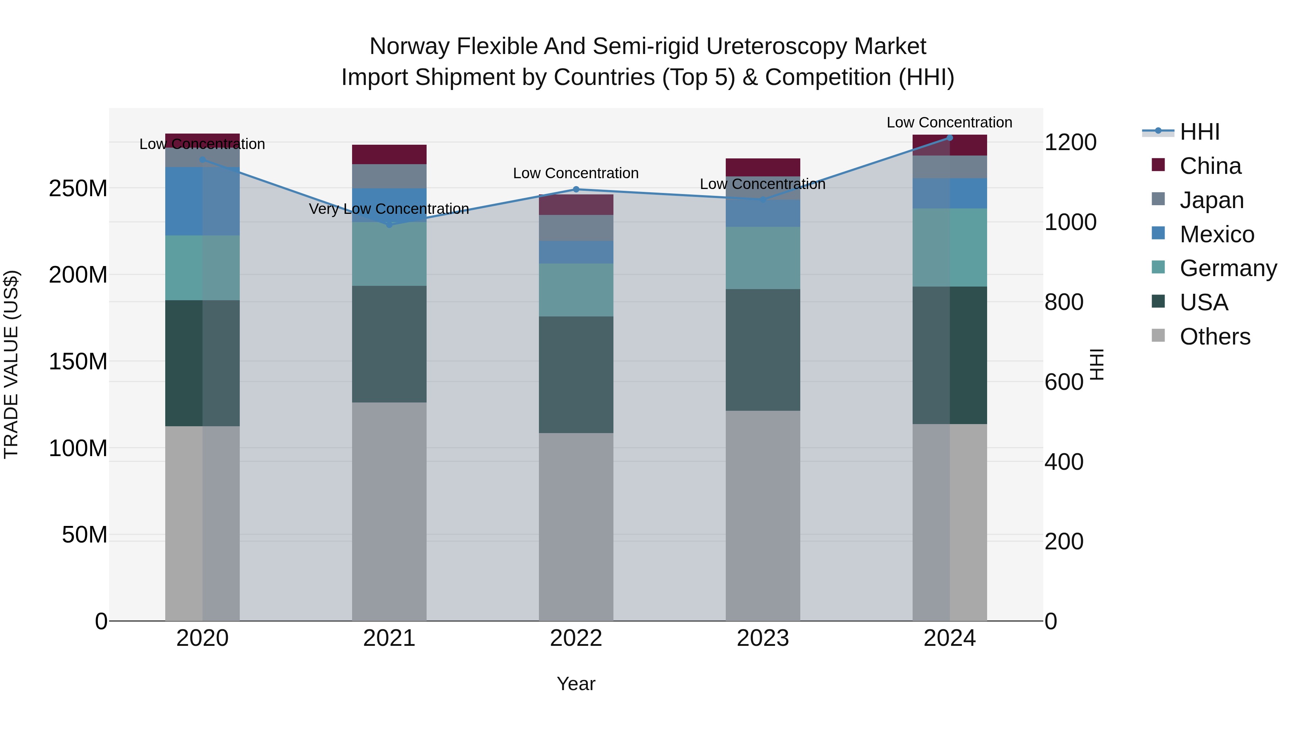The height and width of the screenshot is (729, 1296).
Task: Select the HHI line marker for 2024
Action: point(949,138)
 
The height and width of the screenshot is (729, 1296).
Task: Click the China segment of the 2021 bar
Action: point(389,154)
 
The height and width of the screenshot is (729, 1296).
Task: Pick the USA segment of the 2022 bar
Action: point(576,374)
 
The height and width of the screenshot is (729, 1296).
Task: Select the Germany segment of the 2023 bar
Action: point(763,258)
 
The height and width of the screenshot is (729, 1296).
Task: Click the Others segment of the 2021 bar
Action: point(389,510)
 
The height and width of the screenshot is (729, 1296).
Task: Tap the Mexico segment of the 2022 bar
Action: point(576,252)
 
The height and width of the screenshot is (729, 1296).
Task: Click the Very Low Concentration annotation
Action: point(389,209)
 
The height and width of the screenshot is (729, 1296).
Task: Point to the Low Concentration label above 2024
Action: point(949,123)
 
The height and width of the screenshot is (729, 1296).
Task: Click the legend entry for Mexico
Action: point(1216,234)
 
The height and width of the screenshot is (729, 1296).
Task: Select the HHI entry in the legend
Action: point(1200,132)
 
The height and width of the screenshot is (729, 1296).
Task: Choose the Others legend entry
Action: point(1215,337)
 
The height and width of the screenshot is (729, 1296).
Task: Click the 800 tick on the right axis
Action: point(1063,302)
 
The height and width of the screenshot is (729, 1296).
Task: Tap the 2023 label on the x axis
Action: point(763,638)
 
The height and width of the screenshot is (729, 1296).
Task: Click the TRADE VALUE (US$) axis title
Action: point(12,365)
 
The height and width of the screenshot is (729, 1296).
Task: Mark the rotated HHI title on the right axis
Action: point(1097,365)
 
